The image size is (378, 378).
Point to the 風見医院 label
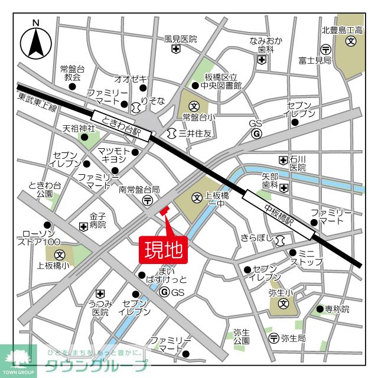click(x=180, y=40)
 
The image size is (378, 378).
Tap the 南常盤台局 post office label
click(x=139, y=190)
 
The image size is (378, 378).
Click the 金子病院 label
click(x=97, y=221)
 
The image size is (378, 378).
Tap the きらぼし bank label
click(x=258, y=238)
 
